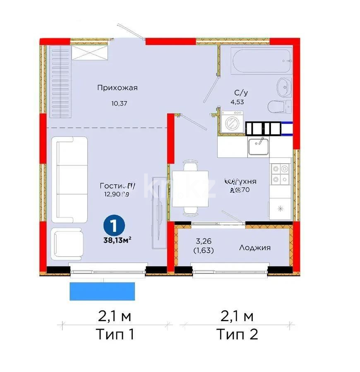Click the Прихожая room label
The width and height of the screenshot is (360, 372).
[x=117, y=87]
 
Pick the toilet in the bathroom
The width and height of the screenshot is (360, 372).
[x=277, y=107]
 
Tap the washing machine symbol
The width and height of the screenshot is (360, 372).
[x=232, y=122]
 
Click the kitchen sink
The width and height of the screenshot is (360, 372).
[x=259, y=146]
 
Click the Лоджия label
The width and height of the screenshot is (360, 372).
[x=254, y=248]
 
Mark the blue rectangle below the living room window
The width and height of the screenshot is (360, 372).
[x=102, y=291]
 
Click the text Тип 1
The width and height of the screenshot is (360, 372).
[x=115, y=334]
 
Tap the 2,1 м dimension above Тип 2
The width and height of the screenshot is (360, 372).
[x=237, y=317]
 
